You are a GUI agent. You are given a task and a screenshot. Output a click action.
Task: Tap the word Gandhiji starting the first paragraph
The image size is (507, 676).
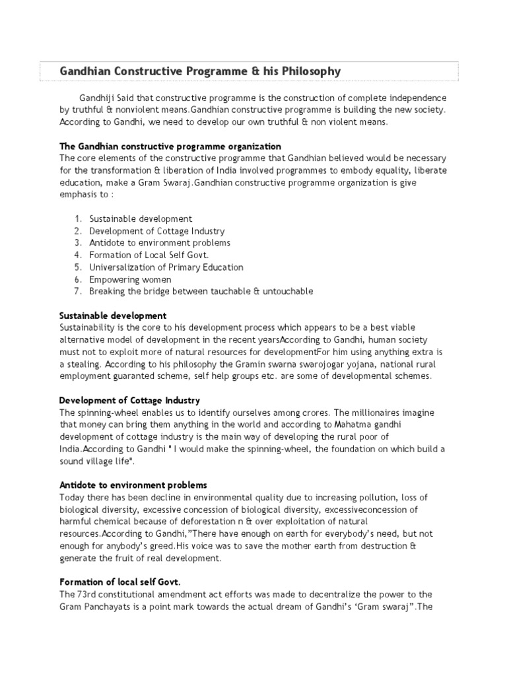[97, 98]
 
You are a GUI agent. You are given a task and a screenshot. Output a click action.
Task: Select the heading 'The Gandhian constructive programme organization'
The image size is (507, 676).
[170, 146]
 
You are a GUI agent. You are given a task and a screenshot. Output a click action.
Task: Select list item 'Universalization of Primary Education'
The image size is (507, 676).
[166, 267]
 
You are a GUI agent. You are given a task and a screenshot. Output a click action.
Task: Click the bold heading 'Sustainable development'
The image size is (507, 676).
[113, 316]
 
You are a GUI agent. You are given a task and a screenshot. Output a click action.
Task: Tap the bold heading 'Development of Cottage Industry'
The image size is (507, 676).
[129, 400]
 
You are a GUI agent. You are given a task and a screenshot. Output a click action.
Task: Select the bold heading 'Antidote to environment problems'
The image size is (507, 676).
[133, 485]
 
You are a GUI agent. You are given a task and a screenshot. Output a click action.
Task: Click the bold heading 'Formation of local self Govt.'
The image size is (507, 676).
[119, 581]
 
